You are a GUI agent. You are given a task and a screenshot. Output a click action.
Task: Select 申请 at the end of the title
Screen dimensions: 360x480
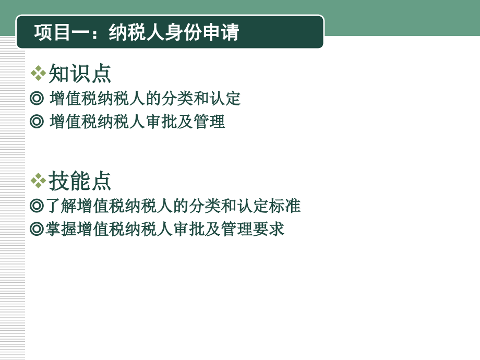[x=225, y=32]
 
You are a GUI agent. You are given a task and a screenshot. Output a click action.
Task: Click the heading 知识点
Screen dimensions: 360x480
[x=80, y=74]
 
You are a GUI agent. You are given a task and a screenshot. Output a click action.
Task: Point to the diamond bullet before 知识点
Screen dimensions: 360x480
[x=38, y=74]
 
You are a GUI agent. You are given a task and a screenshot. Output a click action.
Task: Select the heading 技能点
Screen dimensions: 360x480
[x=80, y=181]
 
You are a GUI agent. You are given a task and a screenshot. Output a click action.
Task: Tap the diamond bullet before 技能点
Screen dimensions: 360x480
[x=38, y=181]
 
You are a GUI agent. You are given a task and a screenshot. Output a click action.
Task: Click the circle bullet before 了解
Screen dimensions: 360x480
[x=37, y=206]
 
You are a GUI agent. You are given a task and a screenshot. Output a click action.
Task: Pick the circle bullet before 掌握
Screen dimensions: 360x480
[x=37, y=229]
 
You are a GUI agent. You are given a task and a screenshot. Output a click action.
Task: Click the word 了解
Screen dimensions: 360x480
[x=61, y=206]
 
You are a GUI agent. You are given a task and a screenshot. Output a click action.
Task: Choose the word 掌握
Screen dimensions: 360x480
[x=61, y=229]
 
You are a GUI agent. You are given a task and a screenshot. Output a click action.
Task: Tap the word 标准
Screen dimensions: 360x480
[x=285, y=206]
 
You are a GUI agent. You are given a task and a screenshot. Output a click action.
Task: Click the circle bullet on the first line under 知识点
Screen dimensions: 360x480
[x=37, y=98]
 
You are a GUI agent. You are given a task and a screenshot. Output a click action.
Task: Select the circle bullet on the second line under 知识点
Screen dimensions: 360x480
[x=37, y=122]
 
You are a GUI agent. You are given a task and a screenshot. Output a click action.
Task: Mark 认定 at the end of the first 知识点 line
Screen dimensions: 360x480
[x=225, y=98]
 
